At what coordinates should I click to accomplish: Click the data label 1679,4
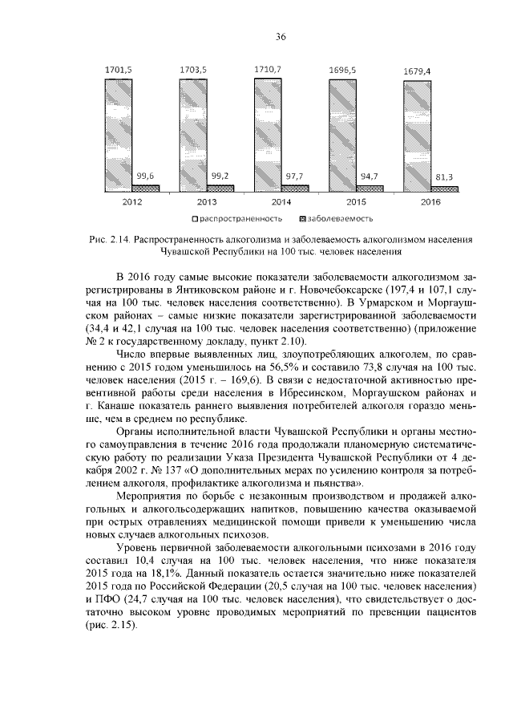click(417, 71)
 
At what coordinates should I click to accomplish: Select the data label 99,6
click(146, 175)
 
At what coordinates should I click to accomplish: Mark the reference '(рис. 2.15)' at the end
click(114, 626)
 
